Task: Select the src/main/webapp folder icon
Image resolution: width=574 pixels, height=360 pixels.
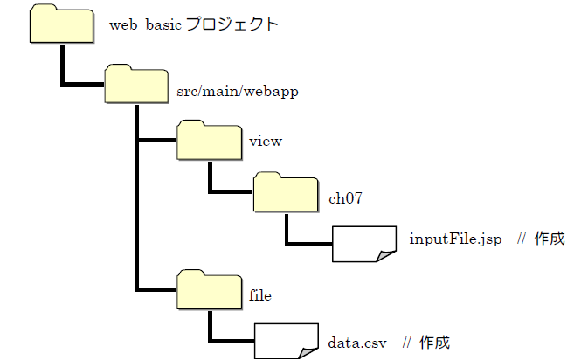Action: (x=136, y=85)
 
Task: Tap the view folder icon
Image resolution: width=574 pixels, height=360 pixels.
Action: (x=209, y=140)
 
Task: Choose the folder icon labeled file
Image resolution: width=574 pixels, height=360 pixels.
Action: (x=209, y=290)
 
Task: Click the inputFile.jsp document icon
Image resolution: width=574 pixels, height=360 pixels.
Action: (x=364, y=245)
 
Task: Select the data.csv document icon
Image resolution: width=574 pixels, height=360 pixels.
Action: (x=287, y=341)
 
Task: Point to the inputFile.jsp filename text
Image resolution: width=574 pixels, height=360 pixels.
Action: (x=455, y=239)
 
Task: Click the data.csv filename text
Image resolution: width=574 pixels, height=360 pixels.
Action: (x=357, y=342)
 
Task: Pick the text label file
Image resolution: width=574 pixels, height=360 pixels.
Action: (x=260, y=296)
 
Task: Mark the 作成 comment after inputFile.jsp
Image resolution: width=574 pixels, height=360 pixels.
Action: (x=550, y=239)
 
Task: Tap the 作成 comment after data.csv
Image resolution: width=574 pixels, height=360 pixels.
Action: (x=434, y=342)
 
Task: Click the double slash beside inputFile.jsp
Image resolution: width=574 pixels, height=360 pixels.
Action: (x=521, y=239)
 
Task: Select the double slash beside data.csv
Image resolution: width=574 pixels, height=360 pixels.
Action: (x=406, y=342)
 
